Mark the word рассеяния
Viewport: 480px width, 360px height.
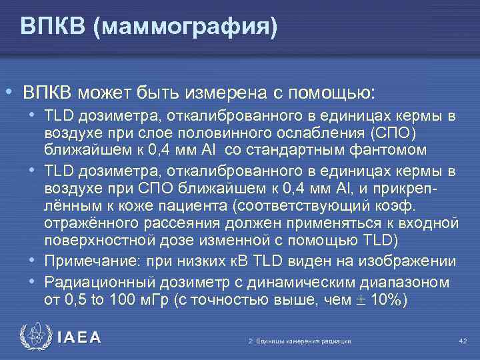169,221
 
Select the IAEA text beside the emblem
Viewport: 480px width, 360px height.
80,338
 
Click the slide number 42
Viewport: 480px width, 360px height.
463,341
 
